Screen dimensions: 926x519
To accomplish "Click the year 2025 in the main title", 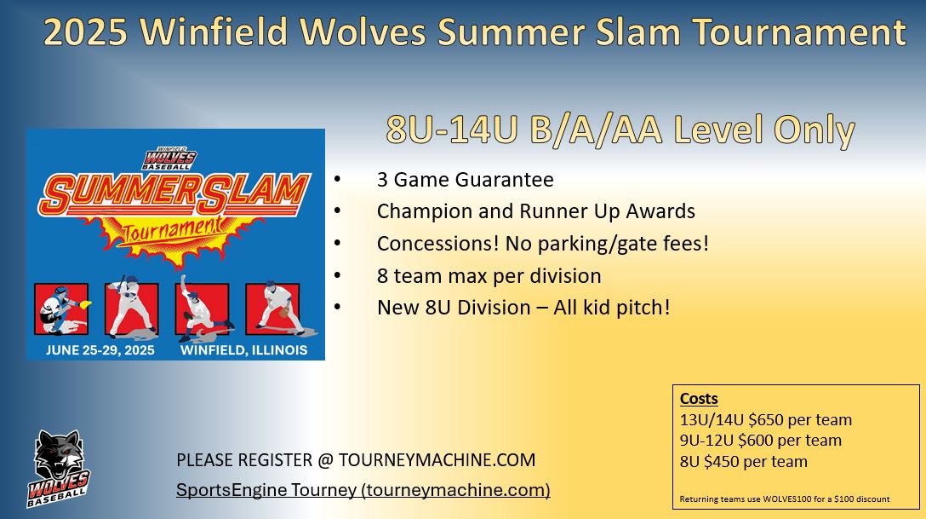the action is pyautogui.click(x=86, y=32).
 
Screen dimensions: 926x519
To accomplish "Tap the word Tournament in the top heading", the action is pyautogui.click(x=799, y=32).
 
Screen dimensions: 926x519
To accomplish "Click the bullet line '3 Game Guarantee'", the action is pyautogui.click(x=466, y=179).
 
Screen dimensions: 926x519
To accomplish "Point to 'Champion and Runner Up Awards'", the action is pyautogui.click(x=535, y=211).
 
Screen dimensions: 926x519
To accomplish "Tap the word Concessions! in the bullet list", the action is pyautogui.click(x=438, y=243).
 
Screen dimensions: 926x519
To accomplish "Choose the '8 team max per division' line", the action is pyautogui.click(x=489, y=275).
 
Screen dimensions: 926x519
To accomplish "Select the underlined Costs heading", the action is pyautogui.click(x=699, y=399).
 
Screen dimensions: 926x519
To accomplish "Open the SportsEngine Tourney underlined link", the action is pyautogui.click(x=363, y=490).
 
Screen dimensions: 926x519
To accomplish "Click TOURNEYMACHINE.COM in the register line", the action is pyautogui.click(x=437, y=460).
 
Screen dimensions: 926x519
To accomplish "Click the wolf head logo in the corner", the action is pyautogui.click(x=58, y=468).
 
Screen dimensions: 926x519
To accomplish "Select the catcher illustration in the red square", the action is pyautogui.click(x=62, y=309).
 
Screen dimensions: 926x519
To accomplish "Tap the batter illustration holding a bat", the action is pyautogui.click(x=131, y=308).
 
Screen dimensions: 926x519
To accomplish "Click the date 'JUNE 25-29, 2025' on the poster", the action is pyautogui.click(x=100, y=350).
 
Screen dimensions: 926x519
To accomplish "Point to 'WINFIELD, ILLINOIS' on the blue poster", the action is pyautogui.click(x=244, y=350).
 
